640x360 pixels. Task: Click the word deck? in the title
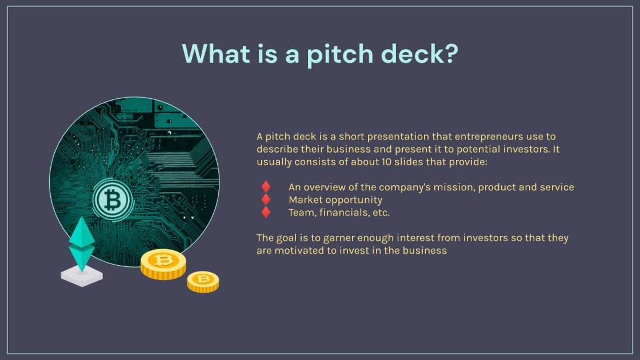[422, 53]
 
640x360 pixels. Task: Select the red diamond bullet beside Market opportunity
[266, 199]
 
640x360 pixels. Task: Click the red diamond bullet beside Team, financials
[266, 212]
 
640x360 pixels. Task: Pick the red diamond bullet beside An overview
[266, 187]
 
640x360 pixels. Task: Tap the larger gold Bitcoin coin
[163, 263]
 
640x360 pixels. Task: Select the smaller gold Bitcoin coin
[203, 281]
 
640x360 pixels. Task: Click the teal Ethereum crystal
[82, 243]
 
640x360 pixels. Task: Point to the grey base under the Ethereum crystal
[82, 277]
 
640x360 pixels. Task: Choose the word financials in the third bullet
[339, 212]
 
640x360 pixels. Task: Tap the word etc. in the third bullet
[378, 212]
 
